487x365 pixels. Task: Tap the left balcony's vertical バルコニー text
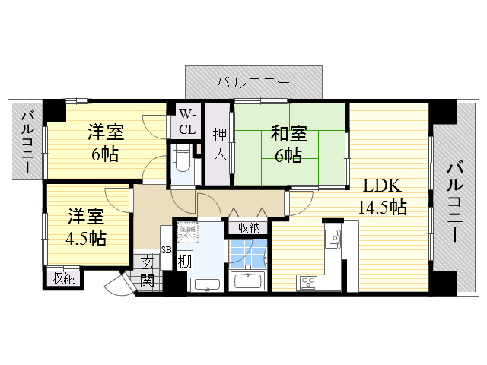(27, 141)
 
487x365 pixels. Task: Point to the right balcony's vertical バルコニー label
(454, 202)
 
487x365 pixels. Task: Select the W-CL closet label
(186, 122)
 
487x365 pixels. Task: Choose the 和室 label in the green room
(288, 135)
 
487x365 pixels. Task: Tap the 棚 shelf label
(184, 262)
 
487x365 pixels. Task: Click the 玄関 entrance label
(148, 271)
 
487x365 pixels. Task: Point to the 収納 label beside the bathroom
(248, 227)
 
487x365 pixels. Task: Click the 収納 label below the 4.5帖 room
(64, 278)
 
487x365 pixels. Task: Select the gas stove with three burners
(310, 283)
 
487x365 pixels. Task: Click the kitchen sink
(333, 239)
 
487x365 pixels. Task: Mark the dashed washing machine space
(187, 233)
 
